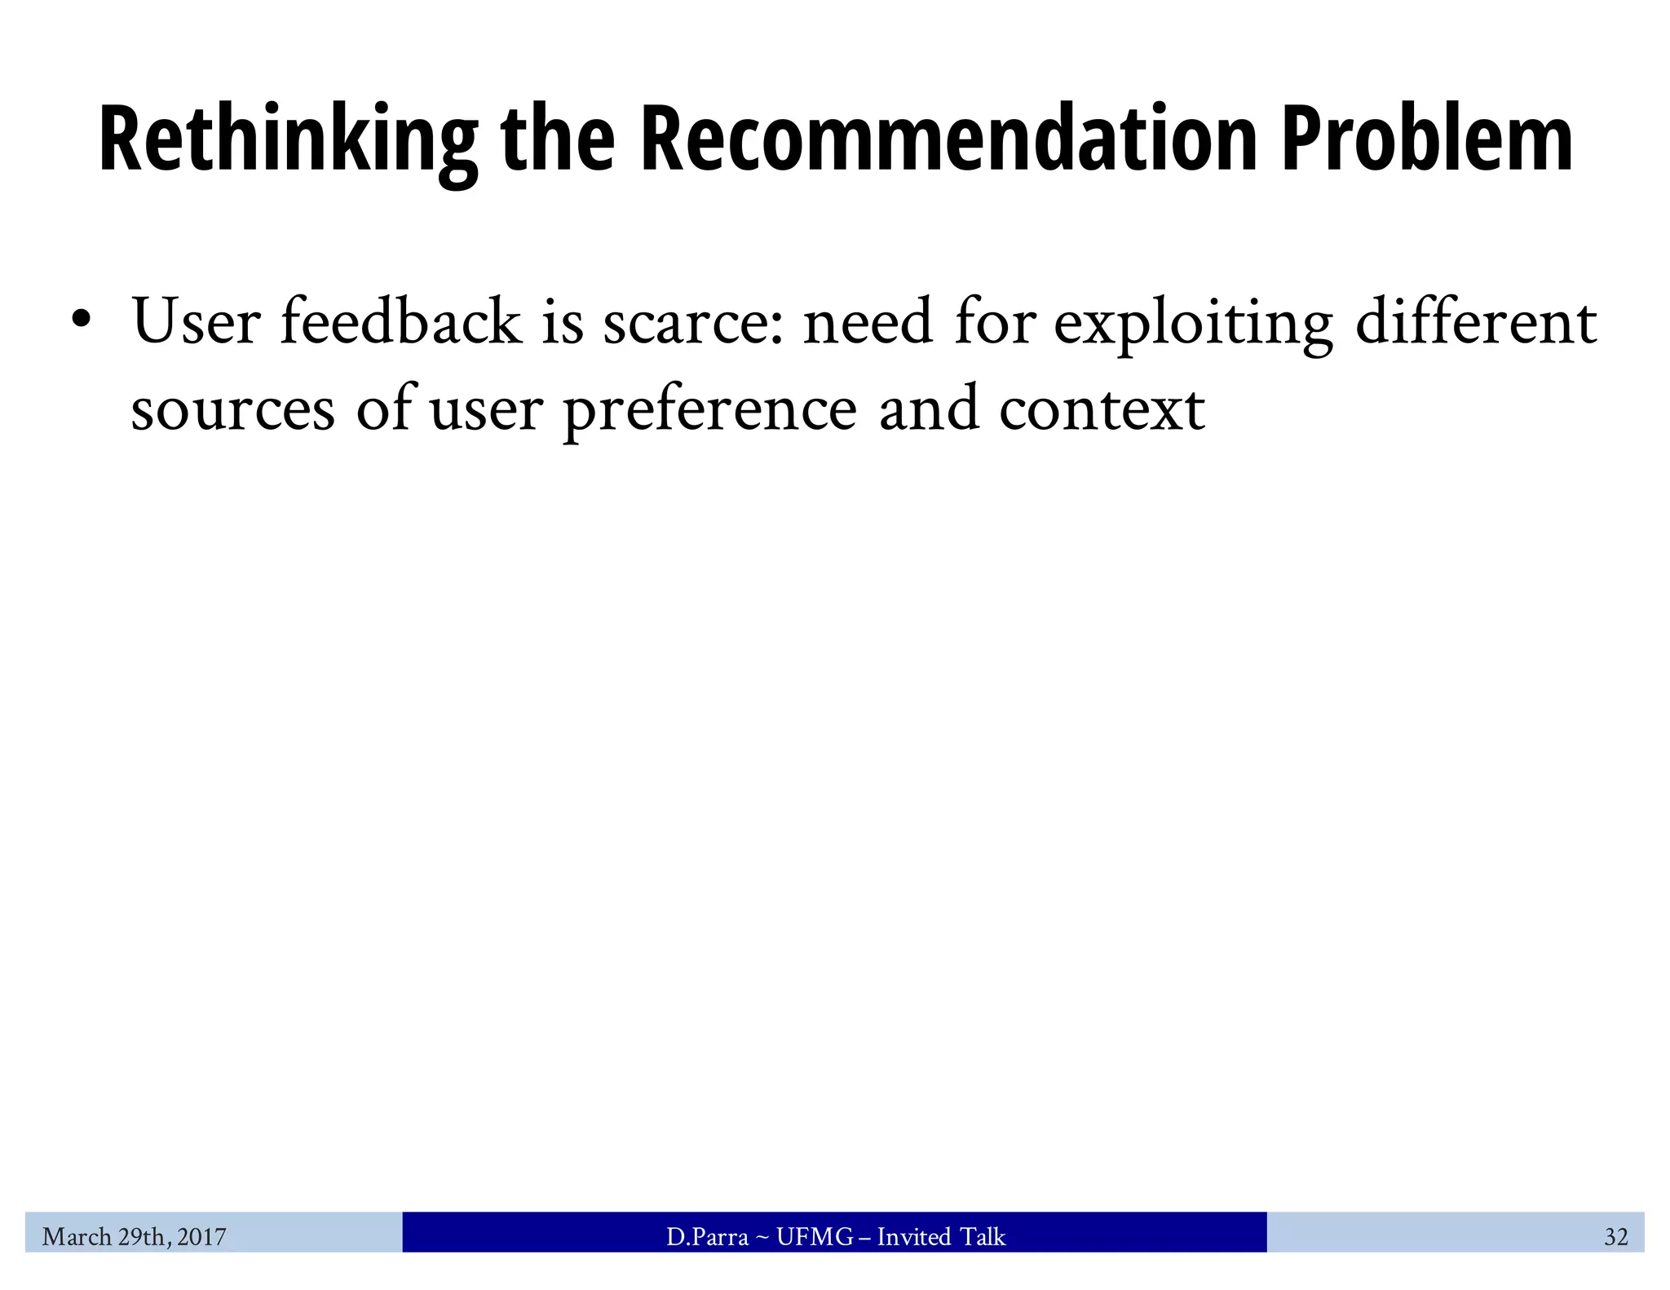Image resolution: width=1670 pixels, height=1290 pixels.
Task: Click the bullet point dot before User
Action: click(80, 319)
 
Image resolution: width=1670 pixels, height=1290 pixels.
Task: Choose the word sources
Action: click(232, 410)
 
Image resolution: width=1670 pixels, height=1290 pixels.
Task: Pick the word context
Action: click(1101, 410)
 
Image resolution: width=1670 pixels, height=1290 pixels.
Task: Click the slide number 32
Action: click(1615, 1237)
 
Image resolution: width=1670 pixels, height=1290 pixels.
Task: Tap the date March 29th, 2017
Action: click(135, 1237)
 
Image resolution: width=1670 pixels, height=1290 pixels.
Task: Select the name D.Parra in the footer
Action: click(707, 1237)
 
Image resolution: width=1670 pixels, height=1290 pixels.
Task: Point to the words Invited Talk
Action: click(941, 1237)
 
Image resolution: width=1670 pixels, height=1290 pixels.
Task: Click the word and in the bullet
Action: click(928, 409)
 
